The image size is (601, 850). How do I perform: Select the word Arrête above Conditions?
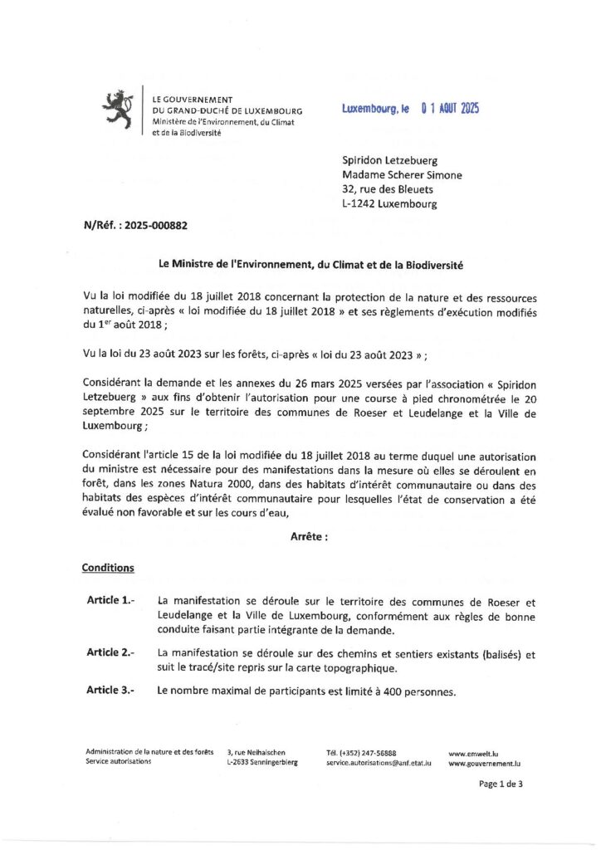tap(309, 537)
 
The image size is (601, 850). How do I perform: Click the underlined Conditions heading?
tap(108, 569)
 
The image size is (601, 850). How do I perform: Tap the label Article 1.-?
tap(111, 600)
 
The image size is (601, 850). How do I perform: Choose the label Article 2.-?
tap(111, 652)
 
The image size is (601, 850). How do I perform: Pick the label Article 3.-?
tap(111, 691)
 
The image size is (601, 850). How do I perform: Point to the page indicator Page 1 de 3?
tap(501, 783)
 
